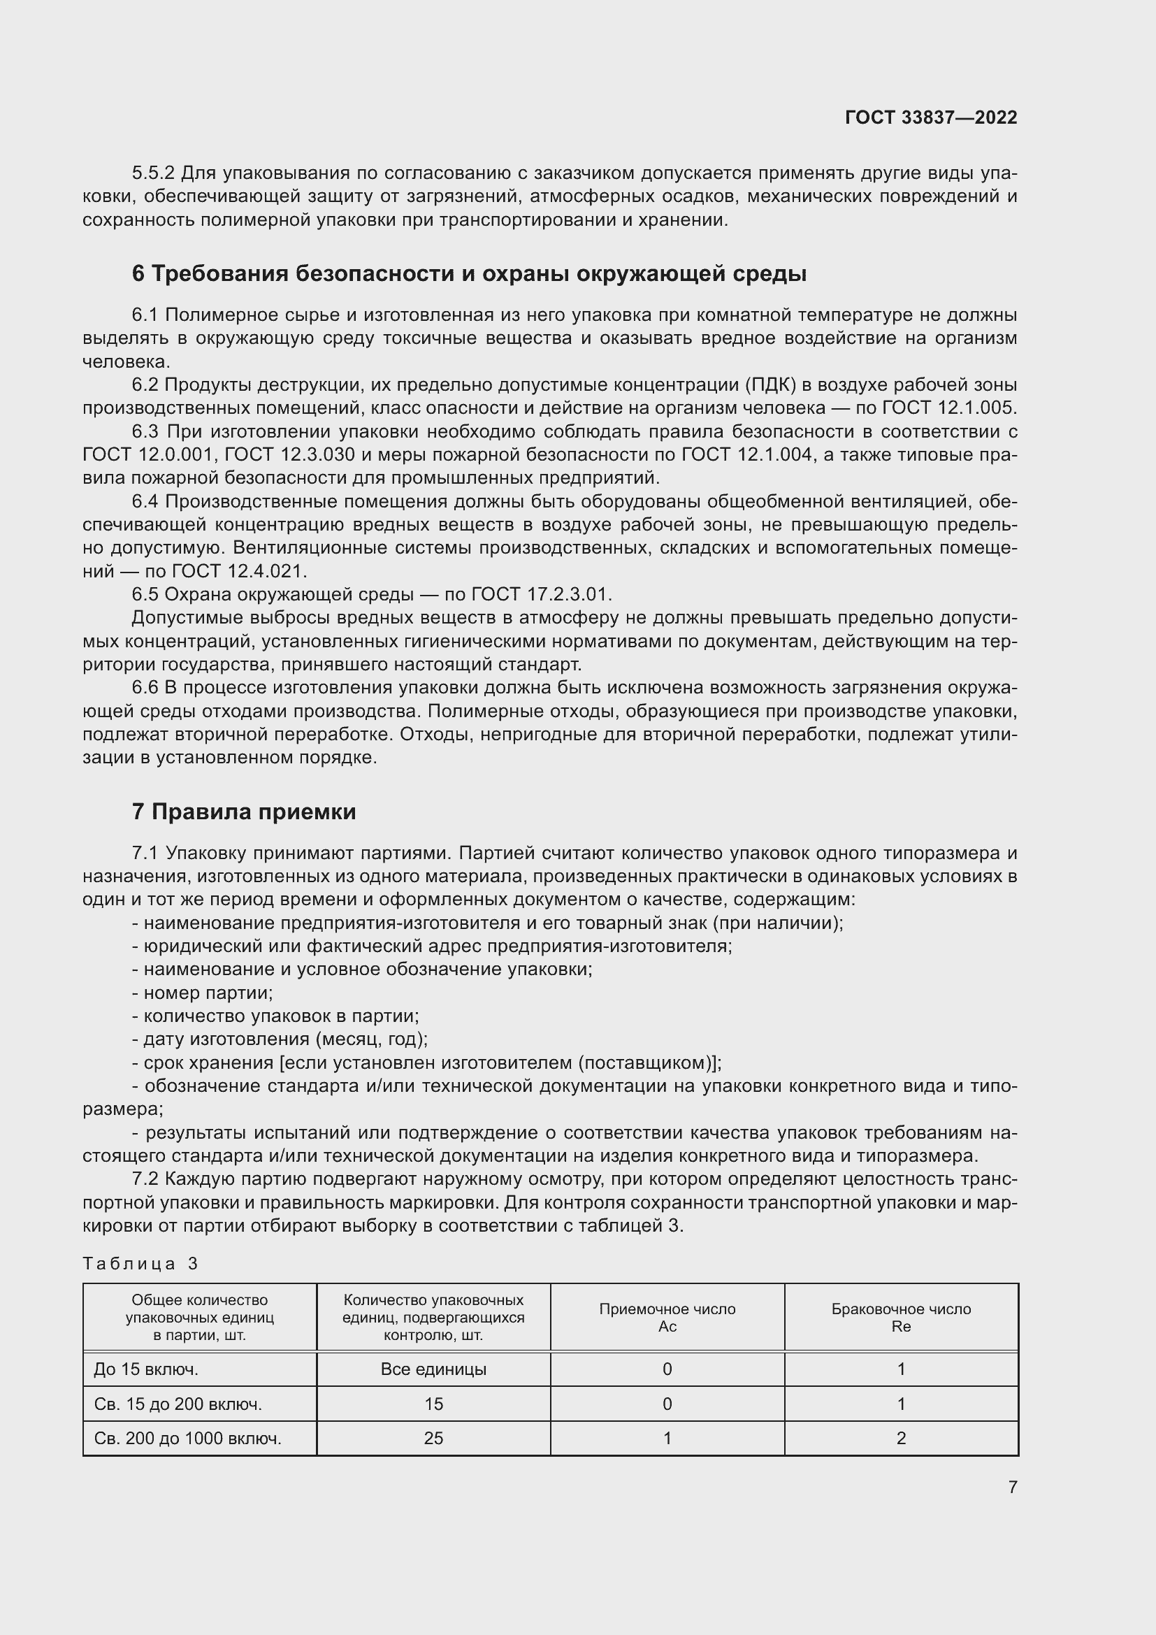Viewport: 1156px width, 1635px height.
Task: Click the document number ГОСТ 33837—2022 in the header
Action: pos(930,117)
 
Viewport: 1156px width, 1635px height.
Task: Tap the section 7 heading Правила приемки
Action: pos(243,812)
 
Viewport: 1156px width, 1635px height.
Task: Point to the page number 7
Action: pos(1012,1487)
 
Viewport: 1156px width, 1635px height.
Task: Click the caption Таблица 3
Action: pos(140,1264)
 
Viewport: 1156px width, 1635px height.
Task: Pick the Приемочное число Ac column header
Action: pos(667,1318)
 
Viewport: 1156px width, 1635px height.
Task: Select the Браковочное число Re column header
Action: pos(900,1318)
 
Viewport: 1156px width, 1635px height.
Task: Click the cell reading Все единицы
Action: pos(433,1369)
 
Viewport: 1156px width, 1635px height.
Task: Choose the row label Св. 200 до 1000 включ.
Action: pos(187,1439)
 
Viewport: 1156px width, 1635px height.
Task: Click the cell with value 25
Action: pos(433,1439)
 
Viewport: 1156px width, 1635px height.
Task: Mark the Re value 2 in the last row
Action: pos(900,1439)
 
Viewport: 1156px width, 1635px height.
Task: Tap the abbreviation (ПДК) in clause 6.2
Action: pos(771,385)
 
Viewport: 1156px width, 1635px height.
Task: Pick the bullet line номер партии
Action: pos(202,993)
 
